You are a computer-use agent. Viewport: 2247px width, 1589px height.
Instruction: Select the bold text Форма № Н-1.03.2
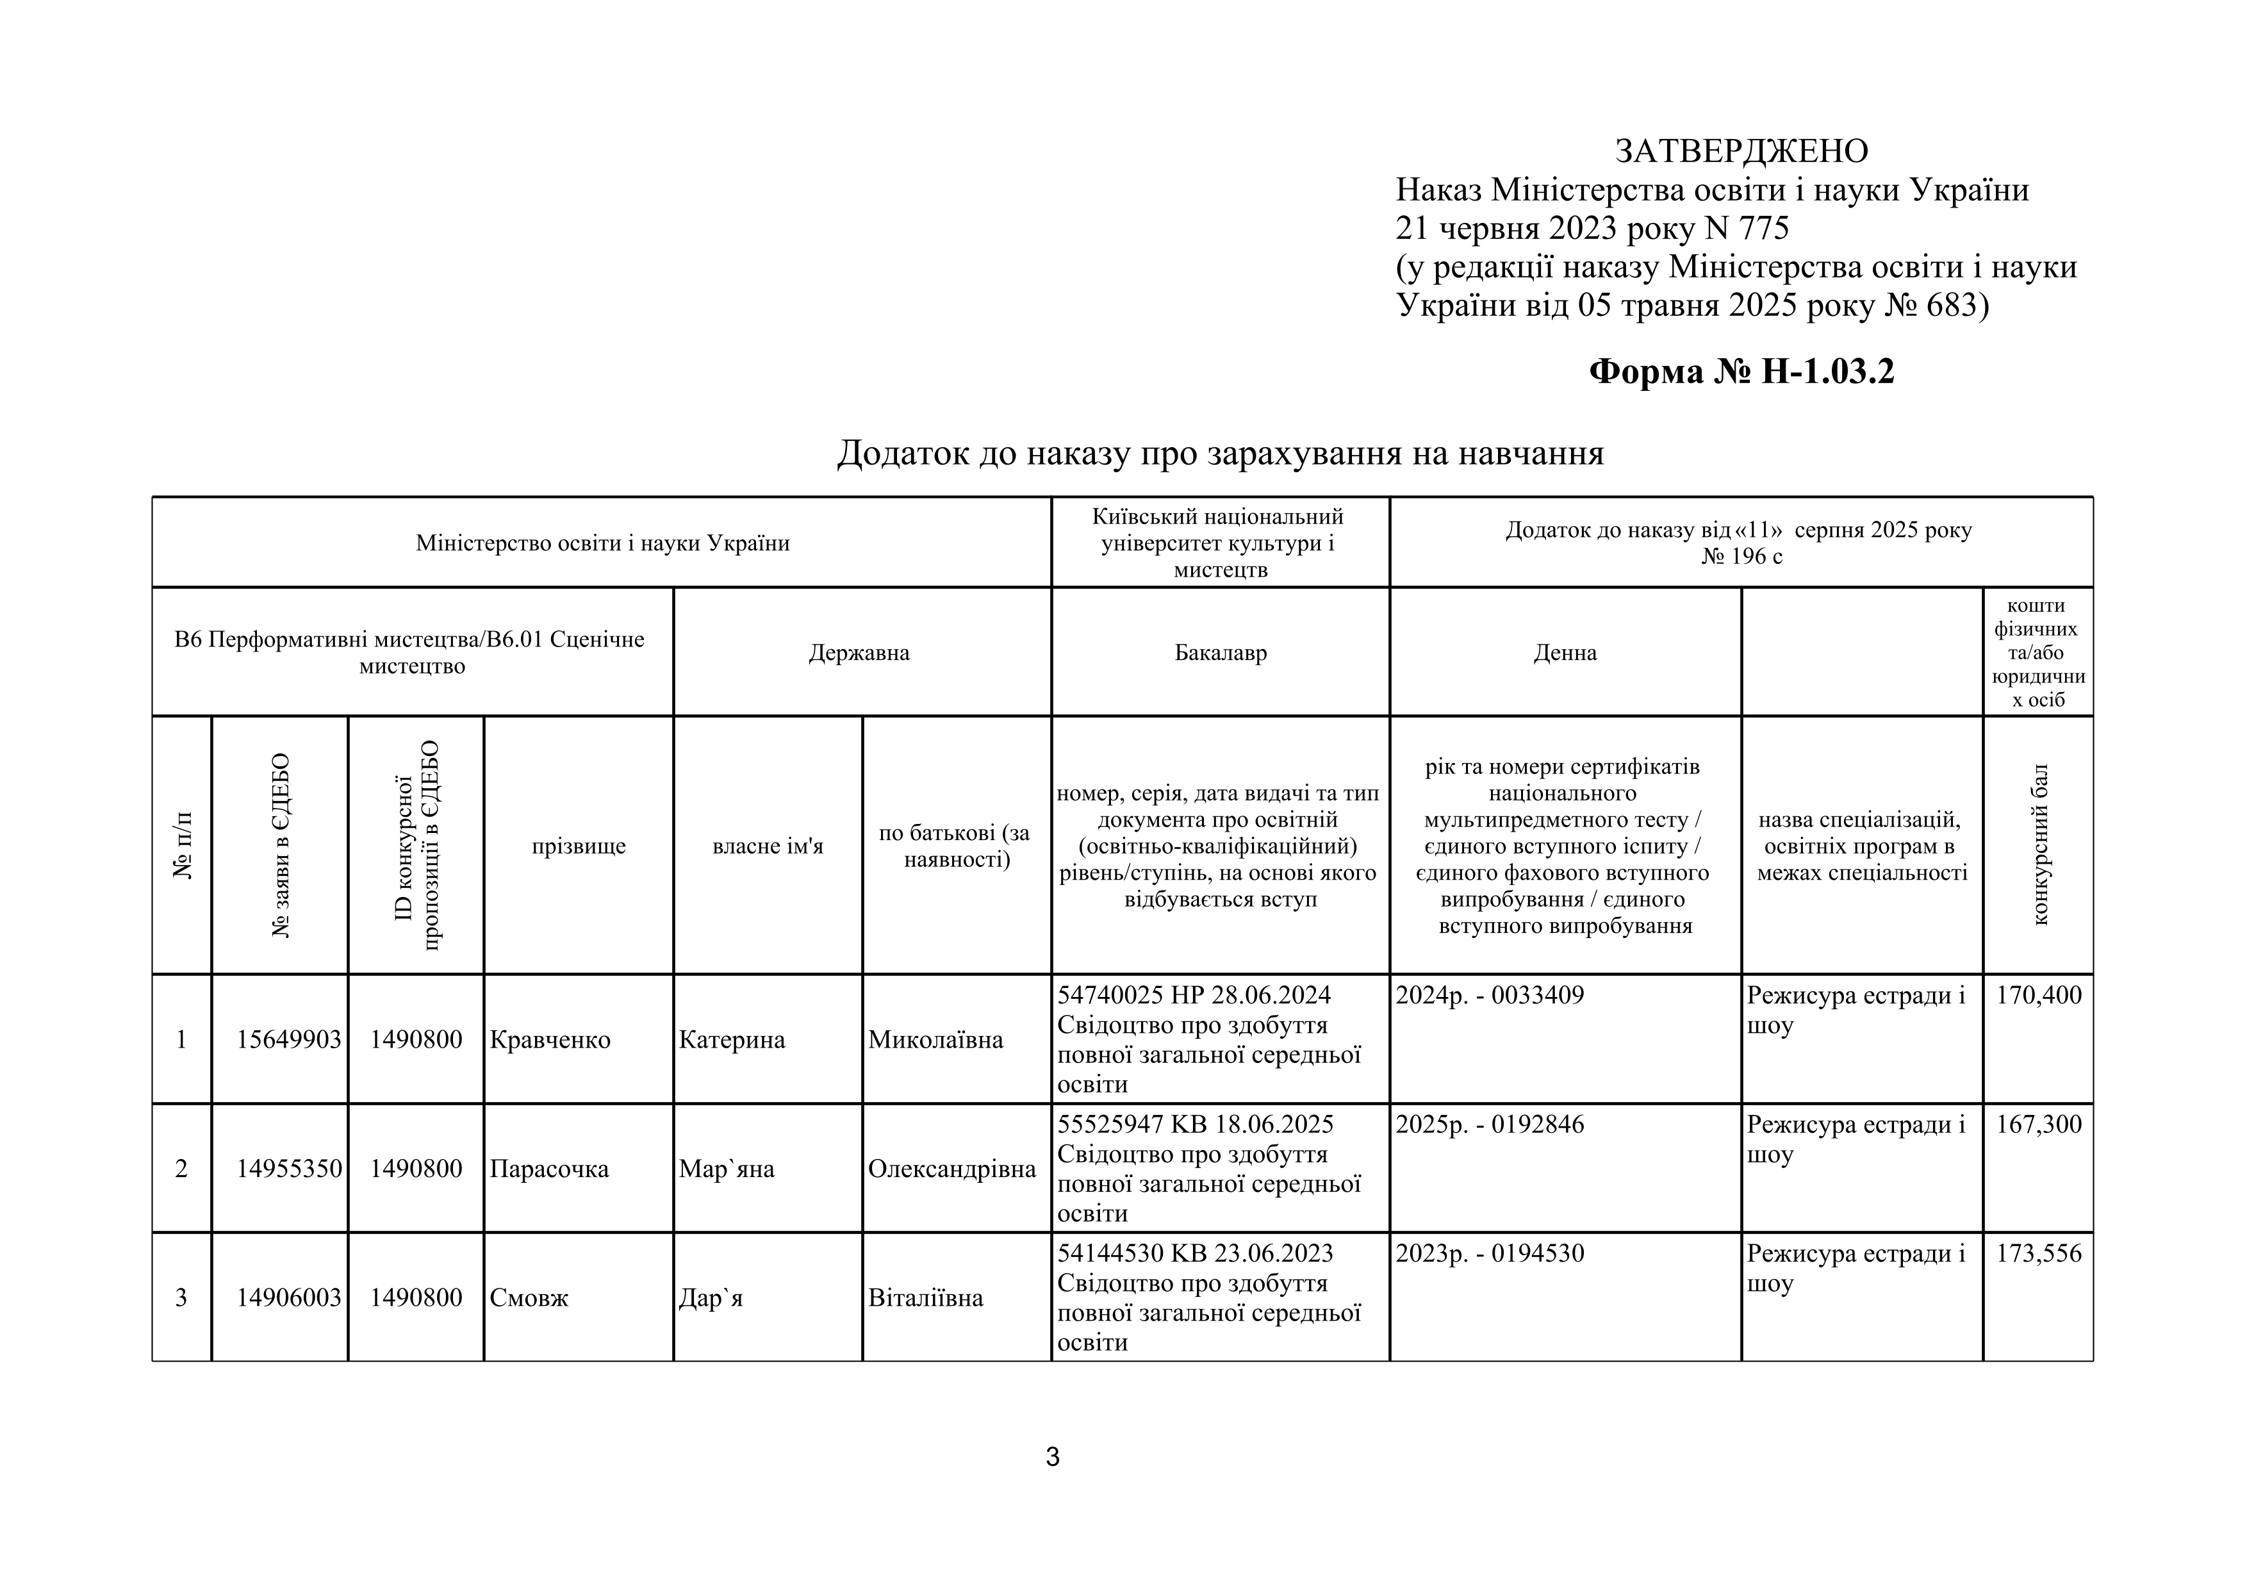[x=1741, y=372]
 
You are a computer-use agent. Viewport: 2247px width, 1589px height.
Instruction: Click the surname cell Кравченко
[x=549, y=1040]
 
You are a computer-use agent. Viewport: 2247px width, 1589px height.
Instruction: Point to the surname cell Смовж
[x=529, y=1298]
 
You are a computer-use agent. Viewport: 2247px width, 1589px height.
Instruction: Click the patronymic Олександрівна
[x=951, y=1169]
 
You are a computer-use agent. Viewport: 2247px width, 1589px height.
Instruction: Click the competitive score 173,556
[x=2039, y=1253]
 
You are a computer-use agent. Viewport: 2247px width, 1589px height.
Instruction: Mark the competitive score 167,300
[x=2039, y=1124]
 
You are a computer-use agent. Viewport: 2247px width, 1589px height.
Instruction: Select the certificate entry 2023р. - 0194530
[x=1490, y=1253]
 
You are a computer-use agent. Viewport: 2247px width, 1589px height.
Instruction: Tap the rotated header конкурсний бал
[x=2039, y=844]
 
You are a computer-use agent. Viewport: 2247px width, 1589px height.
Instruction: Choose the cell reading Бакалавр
[x=1221, y=653]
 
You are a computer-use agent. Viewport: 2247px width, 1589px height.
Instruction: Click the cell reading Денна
[x=1565, y=653]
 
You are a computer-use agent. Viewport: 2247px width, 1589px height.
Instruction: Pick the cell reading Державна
[x=859, y=653]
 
